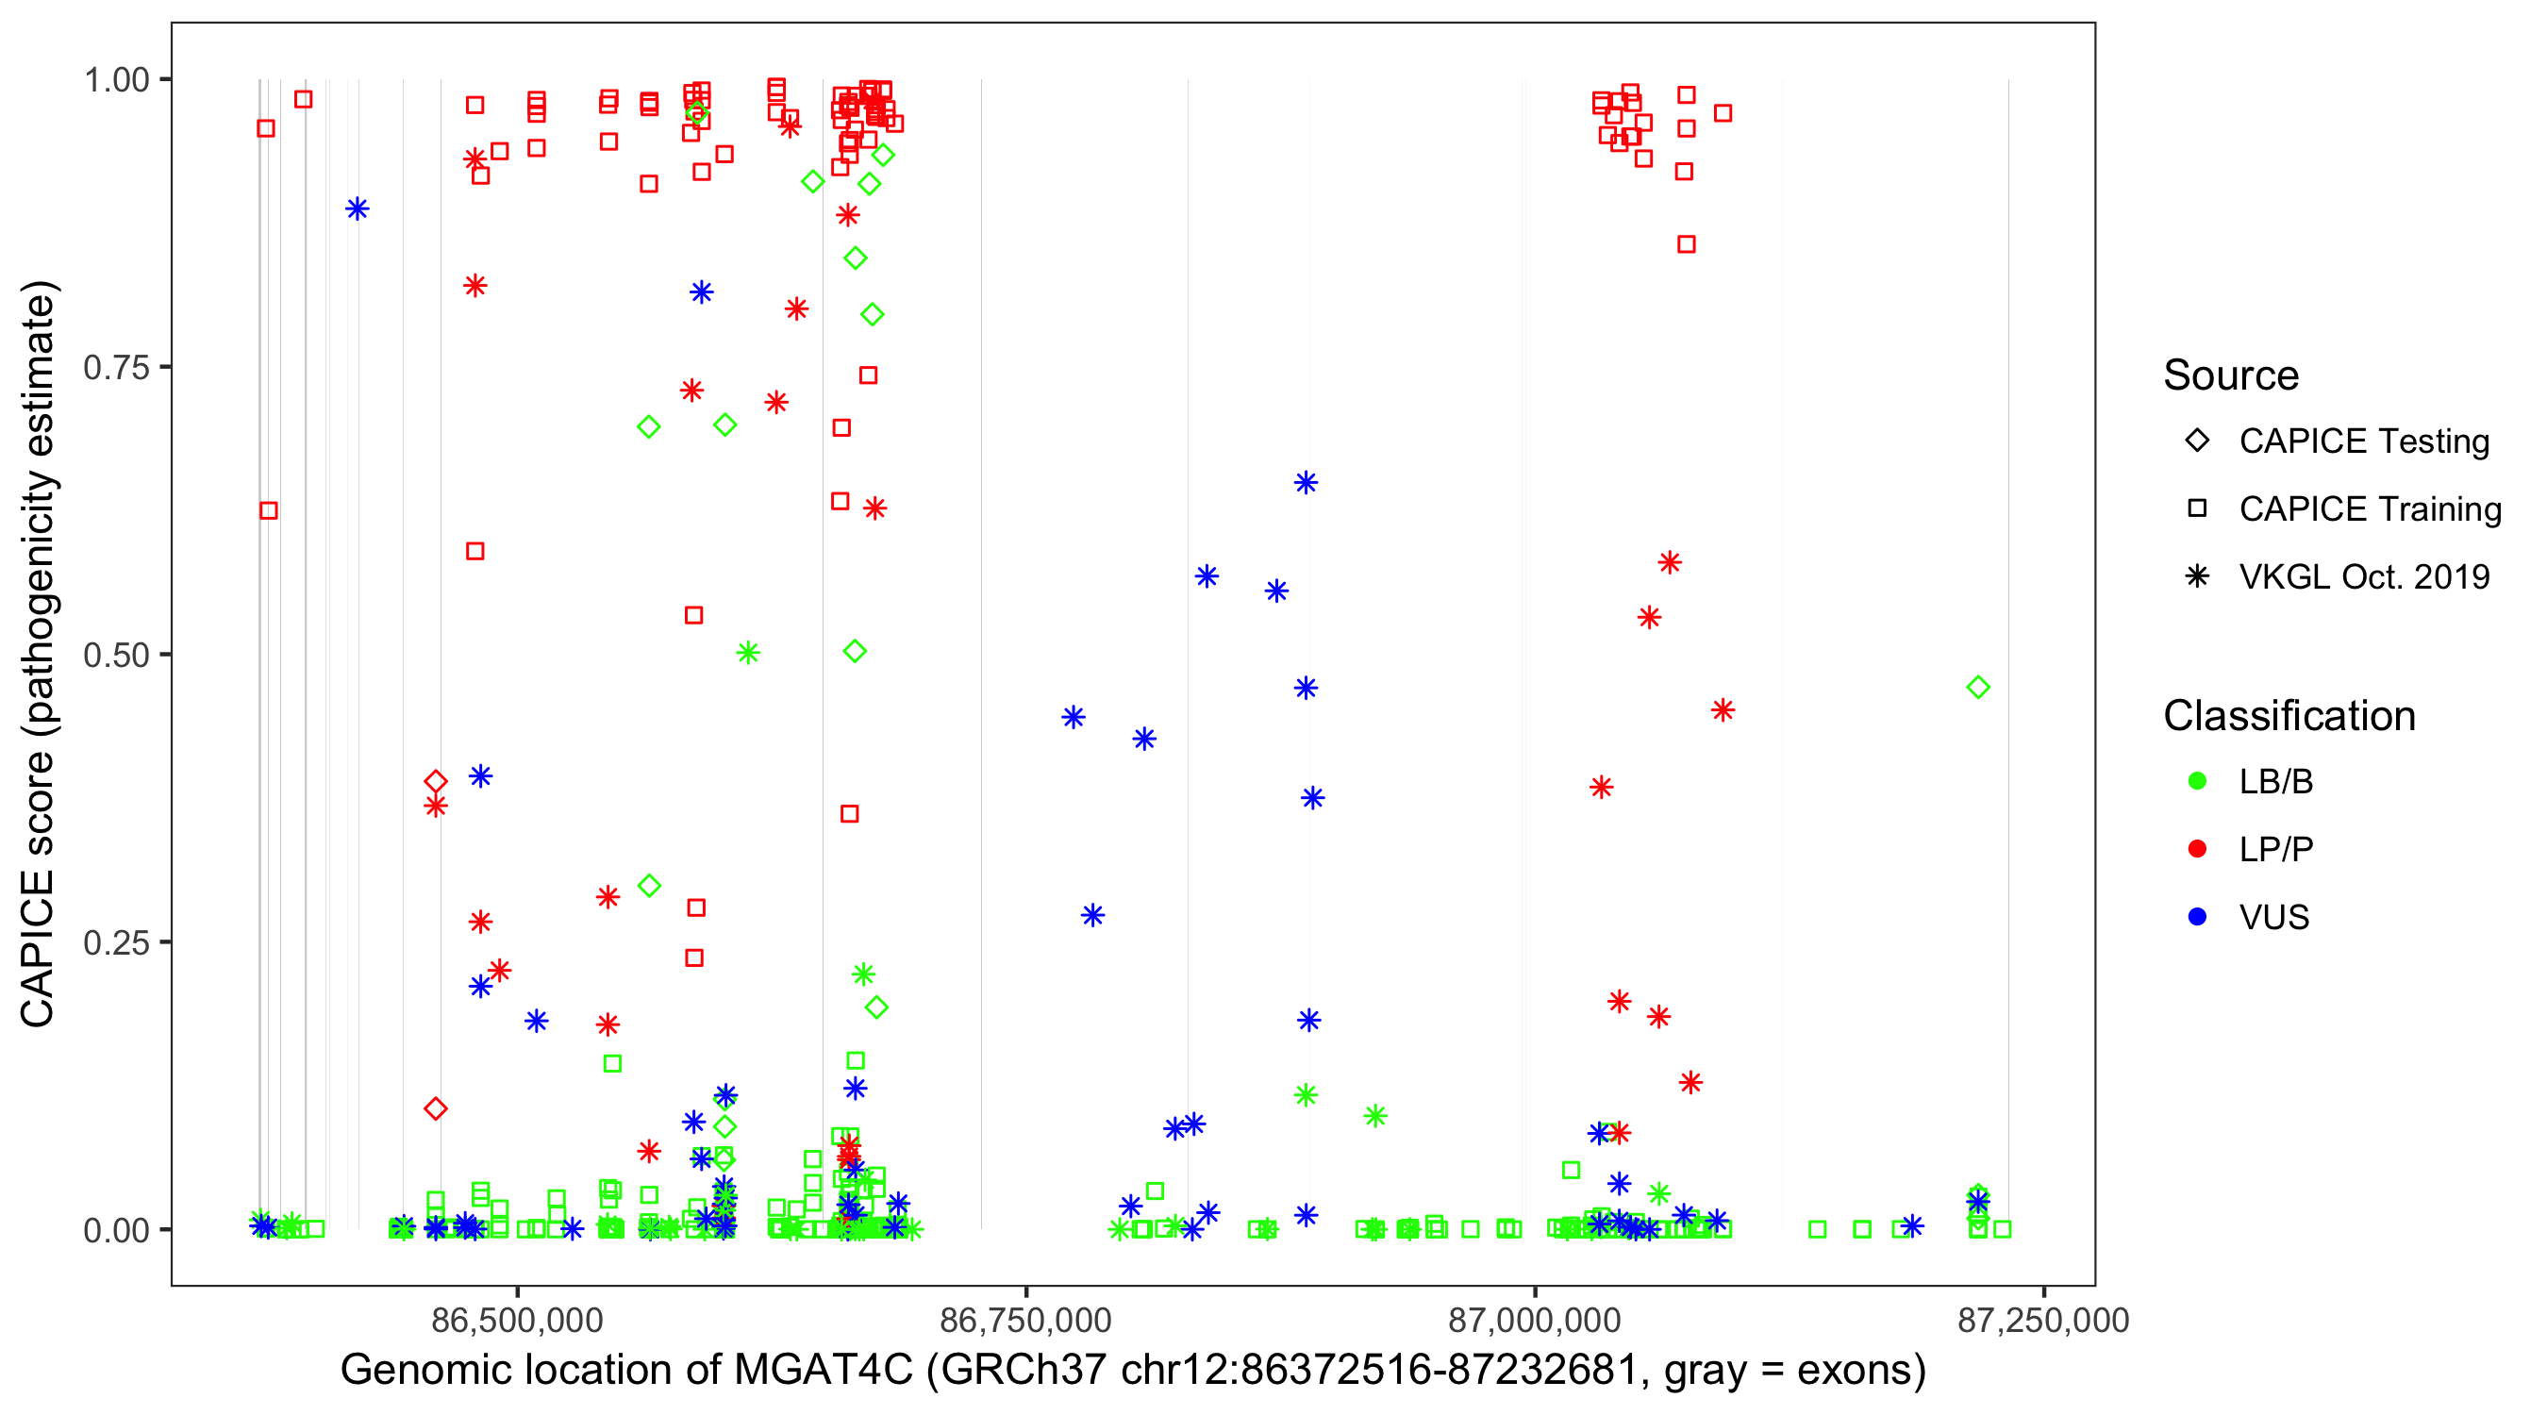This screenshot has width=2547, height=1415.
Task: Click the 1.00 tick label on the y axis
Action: [116, 79]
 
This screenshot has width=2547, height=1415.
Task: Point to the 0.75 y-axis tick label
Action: [116, 367]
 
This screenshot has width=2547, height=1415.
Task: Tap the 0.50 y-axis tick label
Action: [116, 655]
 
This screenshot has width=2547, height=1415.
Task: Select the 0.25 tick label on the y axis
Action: [116, 942]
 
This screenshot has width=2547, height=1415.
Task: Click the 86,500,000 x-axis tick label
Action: [517, 1320]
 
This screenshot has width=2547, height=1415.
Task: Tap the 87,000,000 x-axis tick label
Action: [1535, 1320]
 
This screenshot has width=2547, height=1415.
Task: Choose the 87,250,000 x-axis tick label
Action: [2042, 1320]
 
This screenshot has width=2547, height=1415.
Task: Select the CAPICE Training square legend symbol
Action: [2197, 508]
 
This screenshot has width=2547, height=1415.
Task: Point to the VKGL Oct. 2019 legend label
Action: [2364, 576]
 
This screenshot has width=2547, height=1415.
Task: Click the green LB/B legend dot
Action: [2197, 781]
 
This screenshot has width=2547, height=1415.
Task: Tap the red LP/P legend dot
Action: [2197, 849]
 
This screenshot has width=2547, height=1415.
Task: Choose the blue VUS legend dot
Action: [2197, 917]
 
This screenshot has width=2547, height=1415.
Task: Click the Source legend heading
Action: [2231, 375]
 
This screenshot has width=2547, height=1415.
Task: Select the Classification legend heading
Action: [2289, 716]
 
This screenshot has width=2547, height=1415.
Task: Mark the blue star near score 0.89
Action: [357, 208]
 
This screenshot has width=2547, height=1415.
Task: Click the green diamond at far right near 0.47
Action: [1977, 688]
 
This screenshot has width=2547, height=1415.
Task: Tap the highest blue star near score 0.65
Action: [1306, 483]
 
